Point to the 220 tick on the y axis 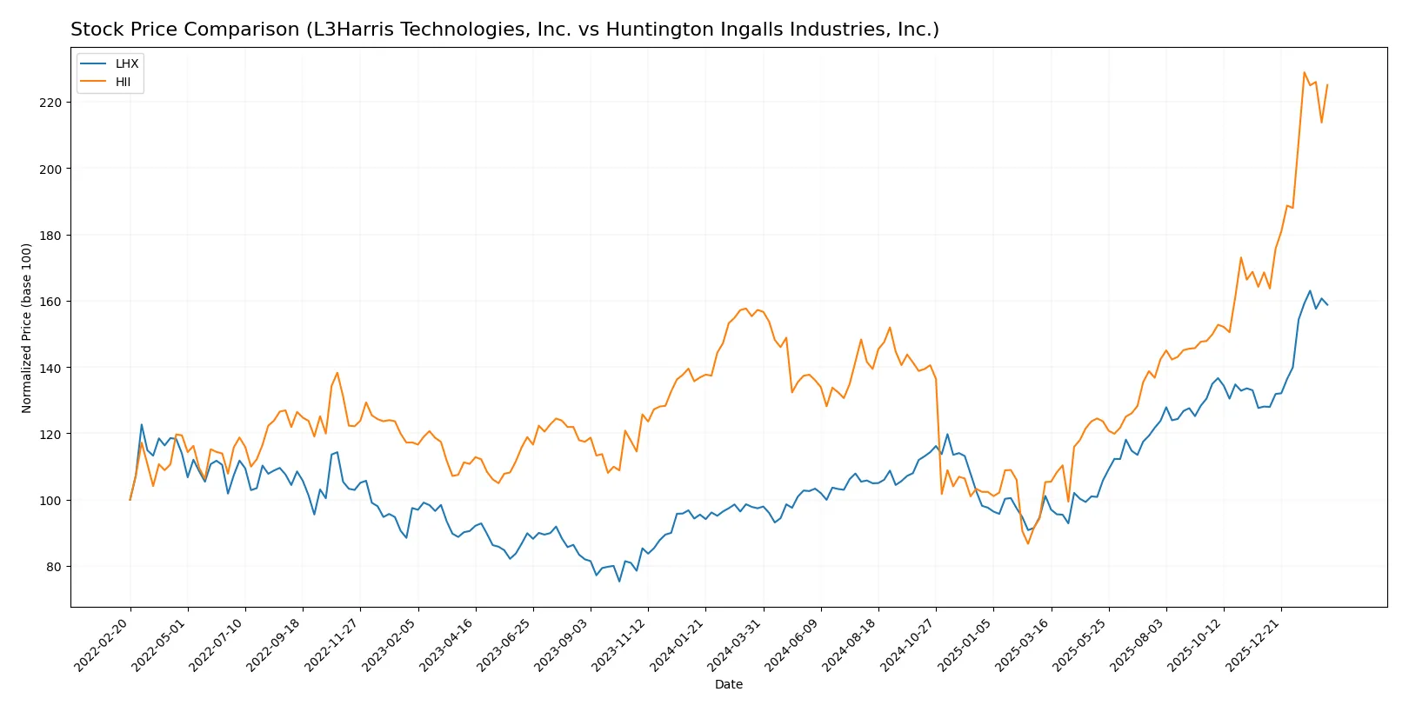pyautogui.click(x=50, y=103)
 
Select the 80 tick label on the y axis pyautogui.click(x=54, y=567)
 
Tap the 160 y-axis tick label pyautogui.click(x=50, y=302)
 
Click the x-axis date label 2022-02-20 pyautogui.click(x=103, y=644)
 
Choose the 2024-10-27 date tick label pyautogui.click(x=908, y=644)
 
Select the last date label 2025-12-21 pyautogui.click(x=1253, y=644)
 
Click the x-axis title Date pyautogui.click(x=728, y=685)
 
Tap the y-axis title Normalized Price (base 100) pyautogui.click(x=26, y=328)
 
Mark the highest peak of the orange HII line pyautogui.click(x=1304, y=72)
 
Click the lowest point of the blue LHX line pyautogui.click(x=619, y=582)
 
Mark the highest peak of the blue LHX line pyautogui.click(x=1310, y=291)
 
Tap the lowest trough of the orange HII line pyautogui.click(x=1027, y=544)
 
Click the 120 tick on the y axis pyautogui.click(x=50, y=434)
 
